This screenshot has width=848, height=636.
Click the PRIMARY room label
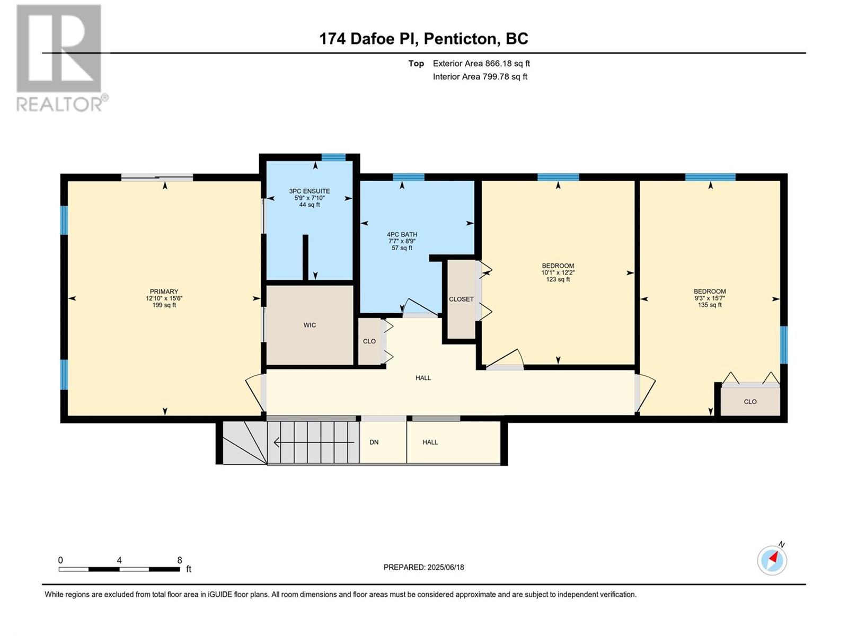(x=164, y=291)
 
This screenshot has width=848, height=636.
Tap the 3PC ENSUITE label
(x=310, y=191)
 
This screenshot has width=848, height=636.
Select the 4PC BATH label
(x=402, y=234)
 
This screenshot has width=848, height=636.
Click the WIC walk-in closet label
(x=310, y=325)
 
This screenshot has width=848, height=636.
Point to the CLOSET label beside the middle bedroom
(x=461, y=299)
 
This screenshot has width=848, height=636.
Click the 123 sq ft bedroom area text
(x=558, y=279)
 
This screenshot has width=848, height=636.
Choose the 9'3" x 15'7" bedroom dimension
(x=710, y=298)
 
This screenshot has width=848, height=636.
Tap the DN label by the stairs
(x=374, y=442)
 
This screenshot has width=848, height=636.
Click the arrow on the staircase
(x=314, y=442)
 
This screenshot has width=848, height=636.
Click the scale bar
(x=119, y=569)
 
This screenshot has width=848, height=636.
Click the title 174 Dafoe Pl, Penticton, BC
(x=424, y=39)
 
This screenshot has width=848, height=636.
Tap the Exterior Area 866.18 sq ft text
(x=481, y=63)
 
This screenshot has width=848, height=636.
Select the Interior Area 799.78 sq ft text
(x=480, y=76)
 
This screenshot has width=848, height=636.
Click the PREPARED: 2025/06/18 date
(x=424, y=567)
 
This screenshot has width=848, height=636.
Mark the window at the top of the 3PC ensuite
(x=334, y=157)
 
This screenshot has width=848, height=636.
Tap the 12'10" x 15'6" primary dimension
(x=164, y=298)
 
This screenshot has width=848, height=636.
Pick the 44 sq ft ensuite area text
(x=310, y=205)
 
